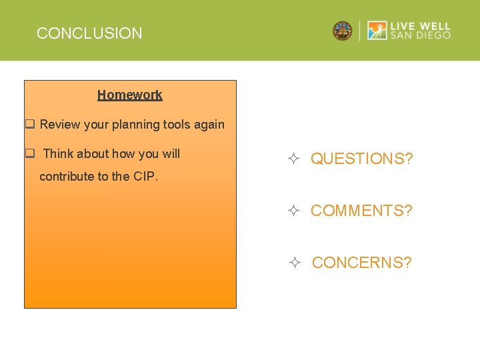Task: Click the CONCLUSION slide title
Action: [x=89, y=33]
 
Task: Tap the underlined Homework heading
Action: [x=130, y=95]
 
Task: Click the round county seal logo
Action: [x=343, y=31]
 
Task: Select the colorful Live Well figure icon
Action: [x=377, y=31]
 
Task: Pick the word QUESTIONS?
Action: [x=361, y=159]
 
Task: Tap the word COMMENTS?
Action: [x=361, y=211]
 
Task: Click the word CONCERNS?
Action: [x=361, y=263]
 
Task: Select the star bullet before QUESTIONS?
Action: [x=295, y=159]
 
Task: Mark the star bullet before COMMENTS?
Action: [x=295, y=211]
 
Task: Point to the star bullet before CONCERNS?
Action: [x=296, y=263]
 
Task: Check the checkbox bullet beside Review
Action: [x=30, y=124]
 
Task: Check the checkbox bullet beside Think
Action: [x=30, y=153]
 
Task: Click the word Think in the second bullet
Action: [x=58, y=153]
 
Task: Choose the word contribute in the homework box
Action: [x=67, y=177]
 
